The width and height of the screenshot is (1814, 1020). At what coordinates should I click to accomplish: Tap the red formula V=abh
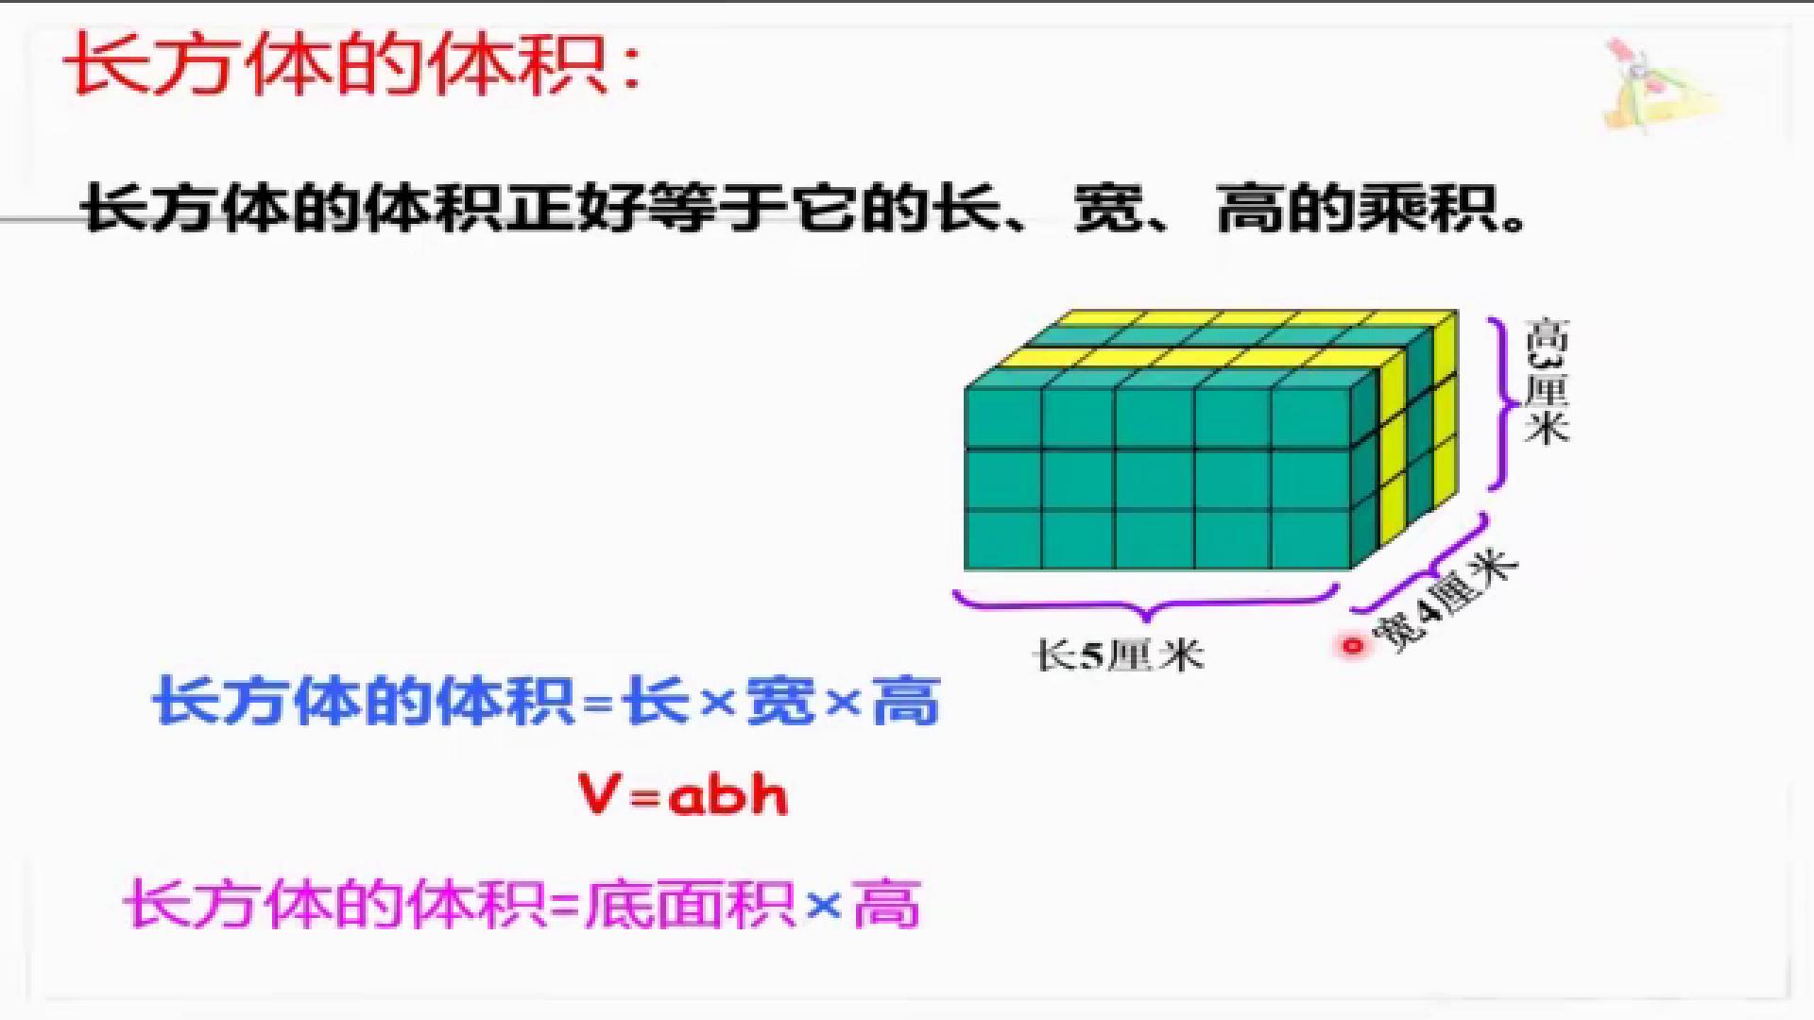(682, 795)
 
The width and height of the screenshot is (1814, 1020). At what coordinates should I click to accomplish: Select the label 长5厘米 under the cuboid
(1121, 654)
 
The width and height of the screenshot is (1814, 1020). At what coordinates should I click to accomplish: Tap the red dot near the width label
(1352, 647)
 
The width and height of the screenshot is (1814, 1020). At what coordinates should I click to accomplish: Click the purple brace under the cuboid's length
(1146, 603)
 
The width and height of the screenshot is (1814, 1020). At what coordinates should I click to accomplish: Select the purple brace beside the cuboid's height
(1502, 403)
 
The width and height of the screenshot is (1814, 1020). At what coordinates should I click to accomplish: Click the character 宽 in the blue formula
(780, 701)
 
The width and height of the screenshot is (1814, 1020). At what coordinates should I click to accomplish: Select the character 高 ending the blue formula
(906, 701)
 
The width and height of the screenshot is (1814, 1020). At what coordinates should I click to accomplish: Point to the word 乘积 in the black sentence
(1427, 208)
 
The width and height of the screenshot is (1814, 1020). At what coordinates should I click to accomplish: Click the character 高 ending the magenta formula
(886, 904)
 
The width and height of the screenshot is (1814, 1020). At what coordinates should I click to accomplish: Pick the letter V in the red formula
(600, 795)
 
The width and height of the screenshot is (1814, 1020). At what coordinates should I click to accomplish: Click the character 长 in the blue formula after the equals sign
(656, 701)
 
